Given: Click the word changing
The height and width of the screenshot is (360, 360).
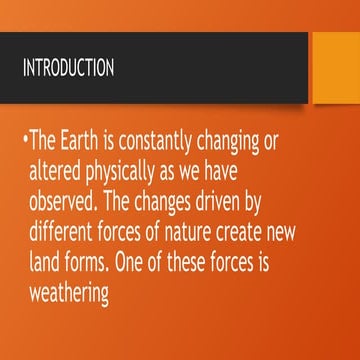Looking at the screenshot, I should pyautogui.click(x=236, y=142).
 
